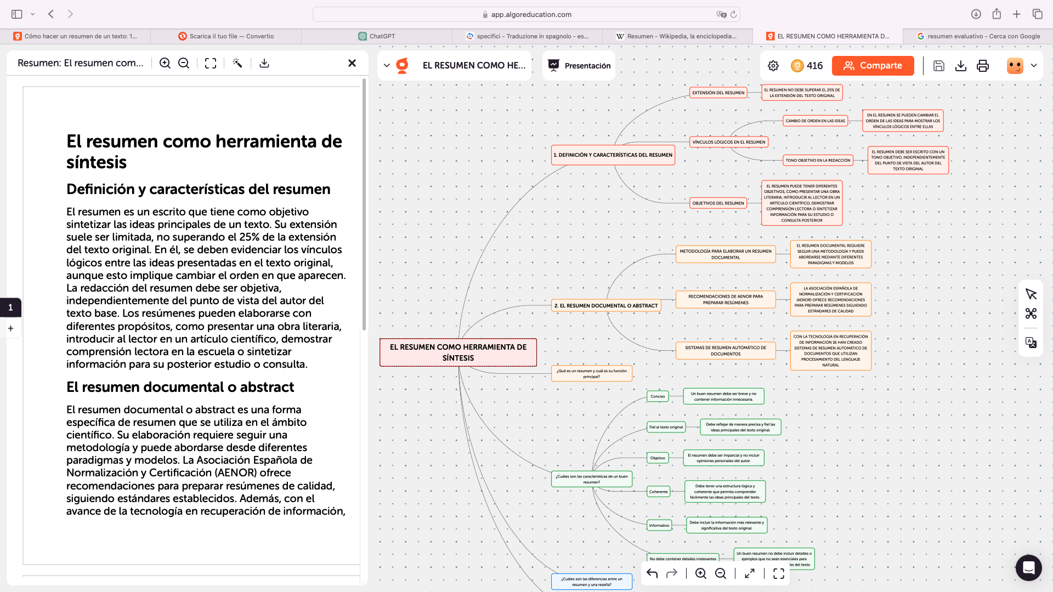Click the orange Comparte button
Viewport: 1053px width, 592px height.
click(873, 66)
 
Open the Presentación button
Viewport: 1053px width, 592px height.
click(579, 66)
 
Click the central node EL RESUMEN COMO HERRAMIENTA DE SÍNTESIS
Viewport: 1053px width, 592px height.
click(458, 352)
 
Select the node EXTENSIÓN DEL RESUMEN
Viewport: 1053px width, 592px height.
click(718, 93)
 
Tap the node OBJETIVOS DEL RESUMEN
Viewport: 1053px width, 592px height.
click(718, 203)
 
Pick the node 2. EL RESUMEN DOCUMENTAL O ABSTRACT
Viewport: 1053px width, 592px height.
click(605, 306)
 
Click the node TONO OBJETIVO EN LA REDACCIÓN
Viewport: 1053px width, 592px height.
click(818, 161)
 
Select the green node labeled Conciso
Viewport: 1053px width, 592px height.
click(658, 396)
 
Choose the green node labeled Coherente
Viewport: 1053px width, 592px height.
click(658, 492)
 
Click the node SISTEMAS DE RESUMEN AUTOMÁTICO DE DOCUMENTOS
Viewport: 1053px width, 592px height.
click(726, 351)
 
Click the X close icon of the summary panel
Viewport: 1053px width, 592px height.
click(352, 63)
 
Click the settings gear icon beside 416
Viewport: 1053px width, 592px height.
click(773, 66)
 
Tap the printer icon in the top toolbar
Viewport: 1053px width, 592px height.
click(983, 66)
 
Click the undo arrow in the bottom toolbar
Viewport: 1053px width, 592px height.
click(652, 573)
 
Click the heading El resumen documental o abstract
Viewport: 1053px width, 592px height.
click(180, 387)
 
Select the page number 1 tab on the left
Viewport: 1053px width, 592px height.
click(10, 308)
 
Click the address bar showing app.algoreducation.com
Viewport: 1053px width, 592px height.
click(526, 14)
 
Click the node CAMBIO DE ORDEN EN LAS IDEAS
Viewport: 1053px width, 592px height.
click(815, 121)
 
